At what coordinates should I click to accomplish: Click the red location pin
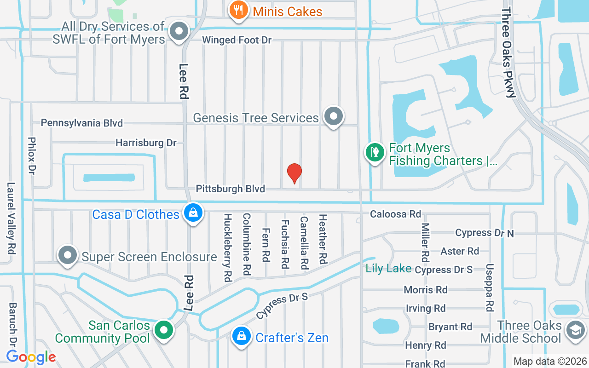tap(294, 173)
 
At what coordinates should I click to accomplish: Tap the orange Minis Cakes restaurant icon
tap(238, 10)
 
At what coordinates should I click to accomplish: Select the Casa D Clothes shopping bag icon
tap(193, 213)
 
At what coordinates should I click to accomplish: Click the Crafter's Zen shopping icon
tap(241, 337)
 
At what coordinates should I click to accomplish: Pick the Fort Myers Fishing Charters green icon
tap(375, 153)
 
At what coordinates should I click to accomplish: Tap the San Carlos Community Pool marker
tap(163, 331)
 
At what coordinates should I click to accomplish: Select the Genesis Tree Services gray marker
tap(334, 117)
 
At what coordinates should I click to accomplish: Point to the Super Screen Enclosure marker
tap(68, 256)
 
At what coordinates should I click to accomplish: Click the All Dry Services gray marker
tap(179, 32)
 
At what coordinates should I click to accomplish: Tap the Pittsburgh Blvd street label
tap(231, 189)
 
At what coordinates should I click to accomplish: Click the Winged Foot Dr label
tap(237, 40)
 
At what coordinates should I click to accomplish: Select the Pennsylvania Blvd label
tap(82, 123)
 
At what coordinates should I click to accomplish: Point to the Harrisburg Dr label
tap(146, 143)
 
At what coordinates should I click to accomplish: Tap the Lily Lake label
tap(388, 269)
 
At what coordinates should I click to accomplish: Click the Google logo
tap(31, 356)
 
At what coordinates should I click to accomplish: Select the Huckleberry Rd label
tap(227, 247)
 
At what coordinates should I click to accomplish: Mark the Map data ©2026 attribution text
tap(550, 361)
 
